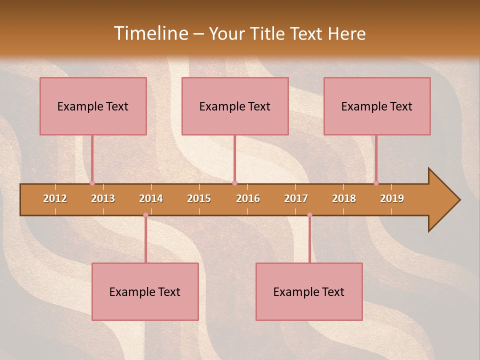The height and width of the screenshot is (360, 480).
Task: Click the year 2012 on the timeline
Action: tap(55, 198)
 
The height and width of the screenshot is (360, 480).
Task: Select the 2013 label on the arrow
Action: tap(103, 198)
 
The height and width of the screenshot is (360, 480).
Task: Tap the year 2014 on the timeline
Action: tap(151, 198)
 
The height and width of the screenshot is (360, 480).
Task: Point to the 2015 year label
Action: tap(199, 198)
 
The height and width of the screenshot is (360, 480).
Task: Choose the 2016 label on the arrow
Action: tap(248, 198)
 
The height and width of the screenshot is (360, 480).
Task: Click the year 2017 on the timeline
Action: tap(296, 198)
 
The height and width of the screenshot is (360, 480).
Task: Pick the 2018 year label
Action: tap(344, 198)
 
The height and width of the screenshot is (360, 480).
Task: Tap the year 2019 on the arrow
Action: tap(392, 198)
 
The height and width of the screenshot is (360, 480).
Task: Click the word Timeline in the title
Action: tap(150, 33)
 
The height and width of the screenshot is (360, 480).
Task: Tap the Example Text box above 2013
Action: tap(93, 106)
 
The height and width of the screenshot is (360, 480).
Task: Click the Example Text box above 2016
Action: tap(235, 106)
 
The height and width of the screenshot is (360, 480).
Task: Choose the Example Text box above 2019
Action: tap(377, 106)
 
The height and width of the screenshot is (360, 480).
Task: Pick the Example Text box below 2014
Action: tap(145, 291)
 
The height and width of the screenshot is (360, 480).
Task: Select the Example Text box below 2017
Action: tap(309, 291)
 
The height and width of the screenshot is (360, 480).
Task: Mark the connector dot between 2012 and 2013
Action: tap(92, 183)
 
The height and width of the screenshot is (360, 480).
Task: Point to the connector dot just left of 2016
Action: tap(234, 183)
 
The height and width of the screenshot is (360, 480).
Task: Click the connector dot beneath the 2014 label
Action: tap(145, 215)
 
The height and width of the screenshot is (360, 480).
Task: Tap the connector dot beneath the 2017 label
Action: tap(309, 215)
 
